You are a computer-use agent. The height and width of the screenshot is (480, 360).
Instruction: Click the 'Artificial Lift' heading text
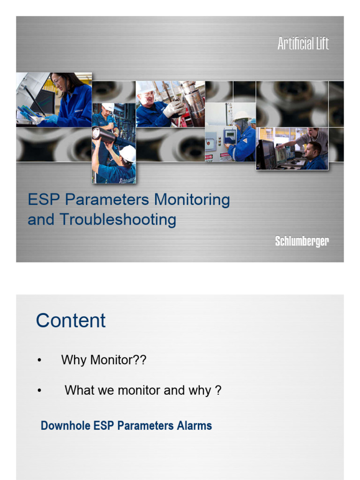tap(303, 44)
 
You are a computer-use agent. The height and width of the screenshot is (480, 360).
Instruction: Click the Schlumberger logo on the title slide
tap(302, 241)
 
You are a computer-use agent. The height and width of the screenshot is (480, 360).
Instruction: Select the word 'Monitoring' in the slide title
tap(192, 200)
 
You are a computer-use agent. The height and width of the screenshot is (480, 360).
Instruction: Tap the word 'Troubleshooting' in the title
tap(118, 219)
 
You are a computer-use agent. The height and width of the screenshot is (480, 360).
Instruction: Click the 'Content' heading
tap(71, 321)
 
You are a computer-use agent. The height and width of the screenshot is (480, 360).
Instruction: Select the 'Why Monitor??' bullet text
tap(104, 360)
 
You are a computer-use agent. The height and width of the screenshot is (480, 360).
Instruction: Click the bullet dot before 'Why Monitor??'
tap(39, 360)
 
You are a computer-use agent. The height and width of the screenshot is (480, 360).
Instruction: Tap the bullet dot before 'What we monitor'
tap(39, 390)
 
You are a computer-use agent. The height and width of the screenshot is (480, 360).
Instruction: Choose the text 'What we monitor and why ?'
tap(142, 390)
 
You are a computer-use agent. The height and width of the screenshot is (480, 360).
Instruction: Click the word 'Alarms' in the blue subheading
tap(194, 426)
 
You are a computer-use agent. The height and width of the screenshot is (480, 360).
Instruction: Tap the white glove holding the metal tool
tap(173, 109)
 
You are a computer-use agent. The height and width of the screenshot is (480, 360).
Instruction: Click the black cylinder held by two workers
tap(104, 135)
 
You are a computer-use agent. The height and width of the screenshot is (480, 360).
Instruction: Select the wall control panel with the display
tap(230, 137)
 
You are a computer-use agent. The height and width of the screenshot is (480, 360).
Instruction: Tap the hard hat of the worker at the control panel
tap(242, 116)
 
